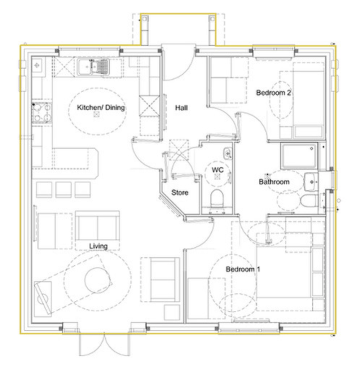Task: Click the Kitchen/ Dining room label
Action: point(101,107)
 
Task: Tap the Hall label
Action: point(181,108)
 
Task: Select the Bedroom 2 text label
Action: point(274,93)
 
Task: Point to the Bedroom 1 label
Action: point(243,269)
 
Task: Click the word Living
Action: point(98,246)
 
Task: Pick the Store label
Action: point(180,193)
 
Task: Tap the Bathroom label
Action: point(274,182)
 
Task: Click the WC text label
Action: point(218,170)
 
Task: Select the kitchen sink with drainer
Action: point(93,67)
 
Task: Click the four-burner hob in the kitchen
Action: point(42,113)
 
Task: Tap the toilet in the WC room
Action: point(217,198)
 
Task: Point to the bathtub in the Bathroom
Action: point(299,156)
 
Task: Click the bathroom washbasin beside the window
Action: point(311,182)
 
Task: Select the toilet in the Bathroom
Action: point(309,201)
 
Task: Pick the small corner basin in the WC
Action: point(228,153)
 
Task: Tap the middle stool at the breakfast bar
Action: point(63,190)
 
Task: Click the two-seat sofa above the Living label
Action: point(97,226)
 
